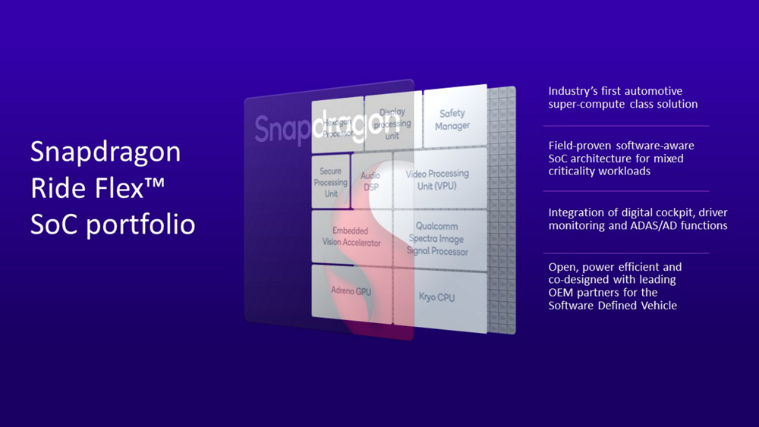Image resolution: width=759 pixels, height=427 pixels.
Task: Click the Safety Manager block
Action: (x=453, y=119)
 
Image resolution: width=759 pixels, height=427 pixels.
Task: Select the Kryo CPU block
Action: (x=436, y=297)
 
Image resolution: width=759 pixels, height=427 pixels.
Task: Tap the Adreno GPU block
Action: (x=351, y=290)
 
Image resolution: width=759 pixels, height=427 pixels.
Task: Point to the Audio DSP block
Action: (x=370, y=181)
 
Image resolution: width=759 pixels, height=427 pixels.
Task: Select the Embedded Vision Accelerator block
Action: (x=351, y=237)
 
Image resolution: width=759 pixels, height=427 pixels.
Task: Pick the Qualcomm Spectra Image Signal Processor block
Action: (x=437, y=238)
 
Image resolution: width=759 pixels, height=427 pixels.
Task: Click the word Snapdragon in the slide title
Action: (x=106, y=152)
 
